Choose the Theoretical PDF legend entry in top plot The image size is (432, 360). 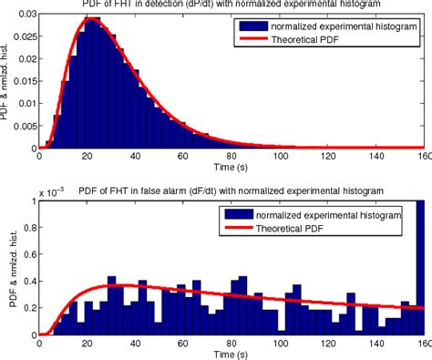[320, 43]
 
